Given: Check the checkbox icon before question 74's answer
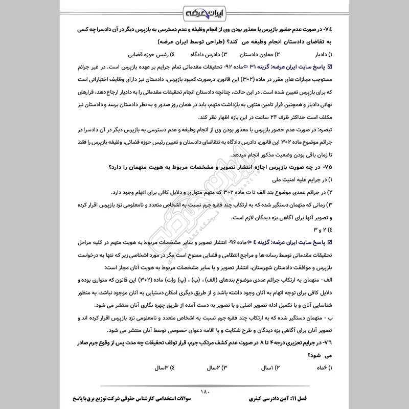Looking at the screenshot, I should coord(330,66).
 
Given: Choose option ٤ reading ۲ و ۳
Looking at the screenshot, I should coord(323,228).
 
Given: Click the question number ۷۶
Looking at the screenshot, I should coord(327,343).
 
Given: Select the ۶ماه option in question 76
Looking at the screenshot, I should coord(321,367).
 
